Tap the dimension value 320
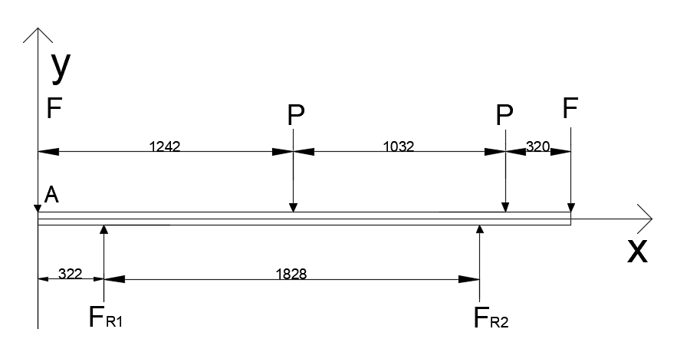tap(538, 146)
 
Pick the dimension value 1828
tap(291, 273)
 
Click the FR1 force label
tap(106, 317)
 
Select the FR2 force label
tap(490, 317)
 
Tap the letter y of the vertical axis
tap(61, 67)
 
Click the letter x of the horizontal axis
tap(636, 251)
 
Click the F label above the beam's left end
tap(54, 109)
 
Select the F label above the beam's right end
tap(570, 107)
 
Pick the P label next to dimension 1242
tap(295, 116)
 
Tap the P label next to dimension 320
tap(504, 116)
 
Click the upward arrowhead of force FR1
tap(104, 229)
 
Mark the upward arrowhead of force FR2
tap(480, 229)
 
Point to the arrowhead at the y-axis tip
tap(38, 32)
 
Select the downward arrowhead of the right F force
tap(570, 208)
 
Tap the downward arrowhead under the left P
tap(293, 208)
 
